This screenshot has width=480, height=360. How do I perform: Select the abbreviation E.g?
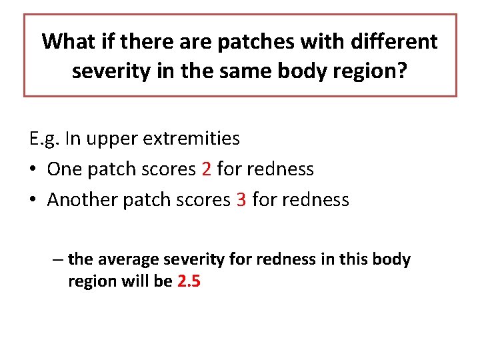coord(43,139)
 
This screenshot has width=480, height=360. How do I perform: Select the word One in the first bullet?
coord(65,169)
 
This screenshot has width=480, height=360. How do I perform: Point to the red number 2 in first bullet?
coord(206,169)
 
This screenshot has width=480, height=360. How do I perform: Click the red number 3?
coord(241,200)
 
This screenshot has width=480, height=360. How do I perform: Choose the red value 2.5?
coord(189,281)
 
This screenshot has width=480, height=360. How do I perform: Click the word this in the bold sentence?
coord(361,259)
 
